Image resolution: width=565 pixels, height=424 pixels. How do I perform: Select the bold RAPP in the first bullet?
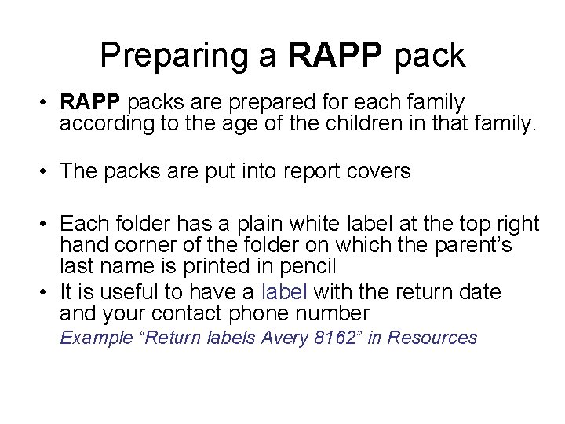[x=90, y=103]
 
